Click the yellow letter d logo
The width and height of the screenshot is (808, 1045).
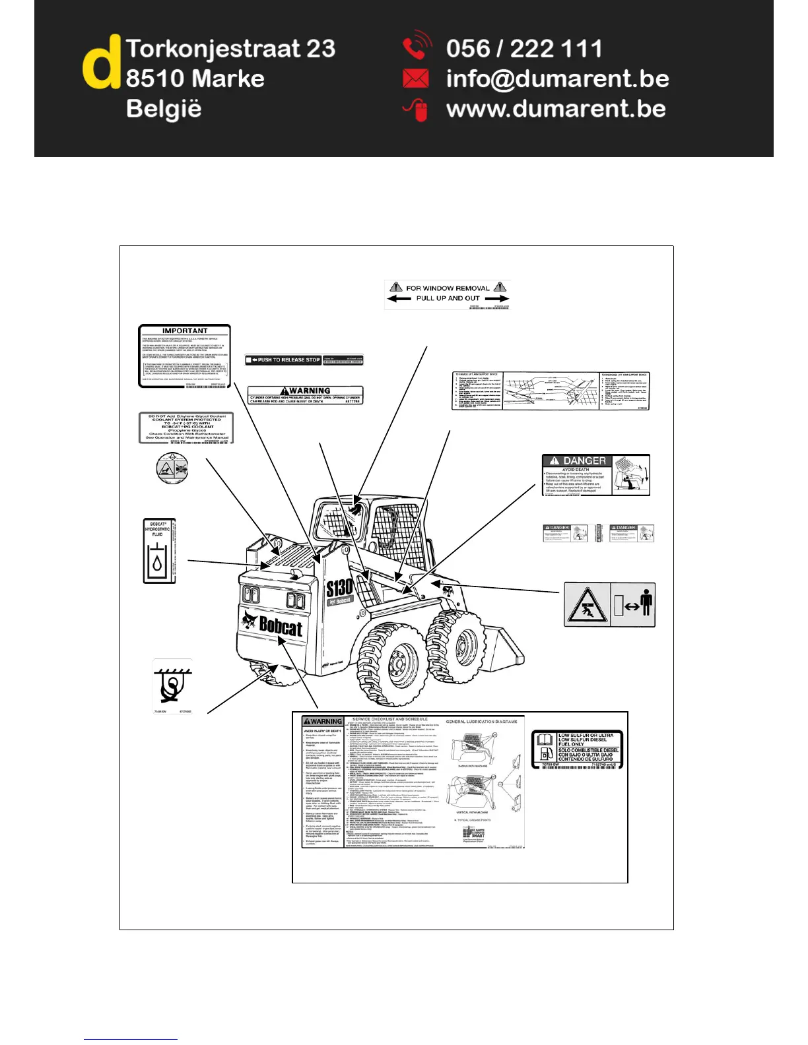click(101, 64)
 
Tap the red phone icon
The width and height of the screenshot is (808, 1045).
click(416, 47)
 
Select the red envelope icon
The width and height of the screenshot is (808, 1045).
click(415, 79)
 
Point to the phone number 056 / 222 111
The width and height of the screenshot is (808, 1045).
click(524, 49)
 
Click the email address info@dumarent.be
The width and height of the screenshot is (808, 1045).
click(557, 79)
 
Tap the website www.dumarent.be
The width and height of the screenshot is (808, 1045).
click(556, 109)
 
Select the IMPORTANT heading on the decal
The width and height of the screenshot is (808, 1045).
click(184, 331)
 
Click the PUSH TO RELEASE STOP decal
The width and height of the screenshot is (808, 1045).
click(284, 360)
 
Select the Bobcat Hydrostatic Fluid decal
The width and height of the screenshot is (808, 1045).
click(159, 551)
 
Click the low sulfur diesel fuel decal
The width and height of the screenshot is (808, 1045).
click(577, 749)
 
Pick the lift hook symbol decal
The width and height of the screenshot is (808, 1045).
click(172, 686)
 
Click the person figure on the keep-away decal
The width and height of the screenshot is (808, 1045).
click(646, 604)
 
